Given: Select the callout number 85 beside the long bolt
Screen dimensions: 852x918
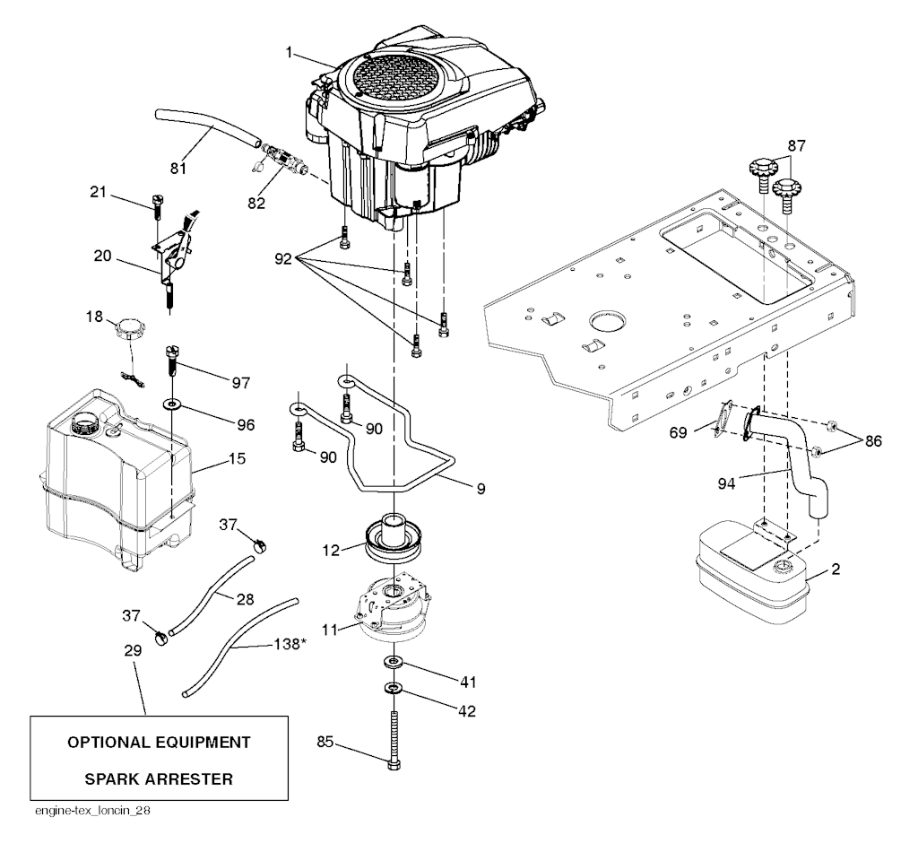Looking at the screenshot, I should coord(326,741).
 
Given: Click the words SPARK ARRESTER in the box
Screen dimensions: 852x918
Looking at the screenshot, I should coord(159,778).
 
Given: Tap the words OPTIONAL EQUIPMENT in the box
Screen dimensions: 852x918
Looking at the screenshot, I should coord(159,743).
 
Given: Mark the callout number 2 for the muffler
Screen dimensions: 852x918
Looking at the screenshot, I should coord(835,569).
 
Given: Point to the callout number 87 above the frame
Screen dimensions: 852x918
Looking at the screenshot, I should coord(796,145).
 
